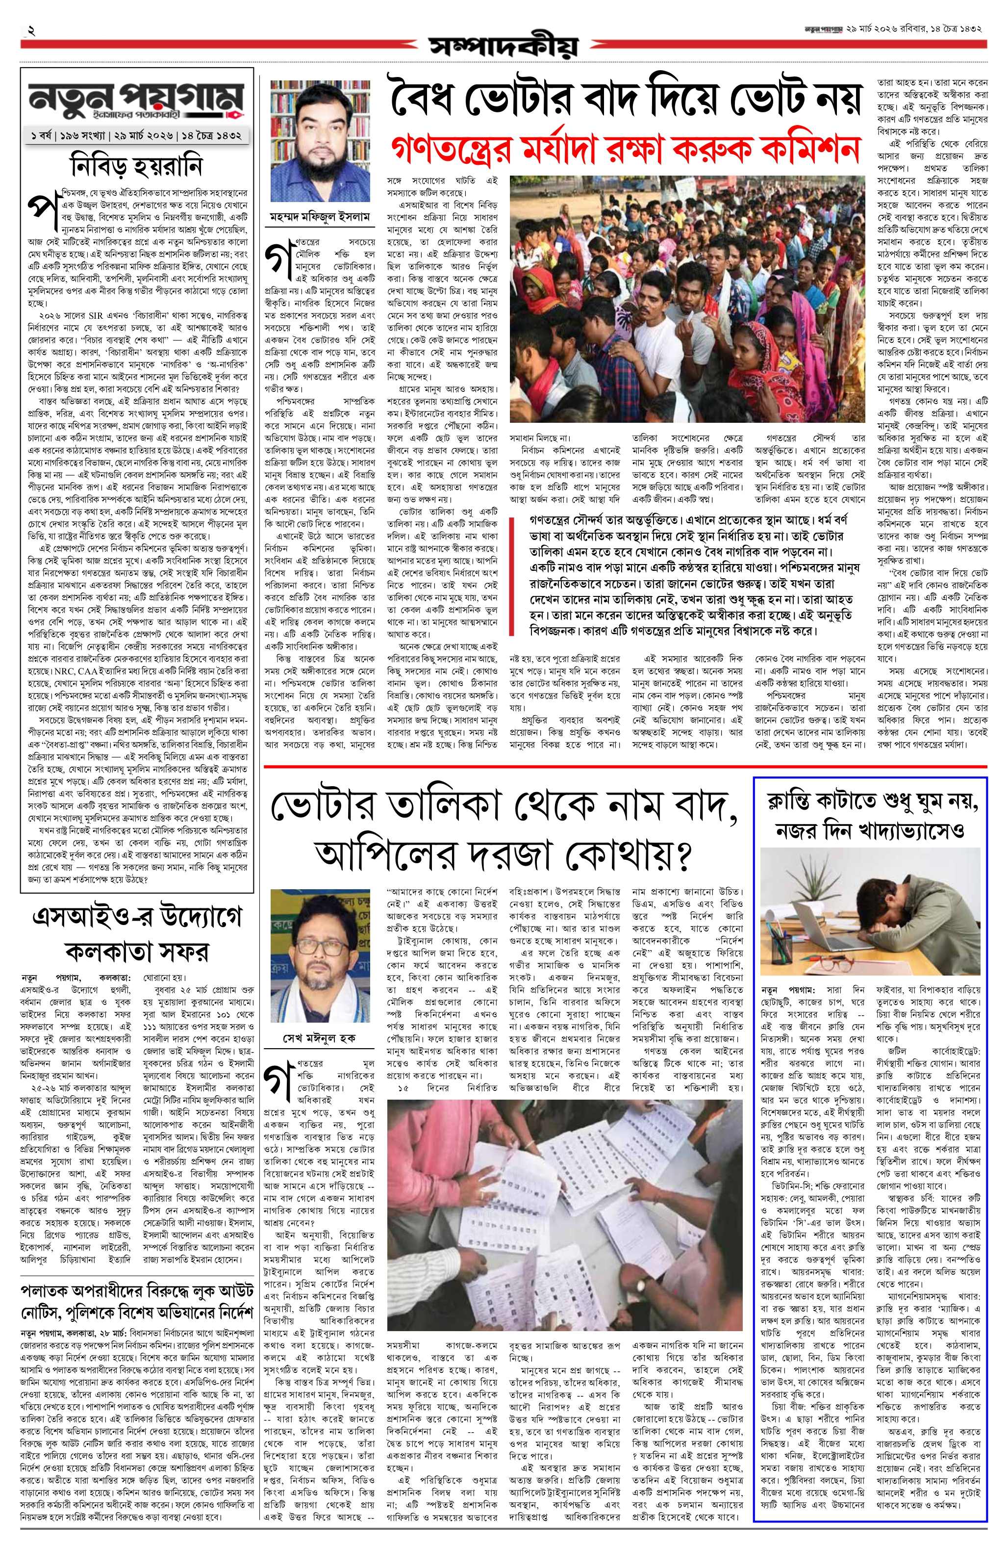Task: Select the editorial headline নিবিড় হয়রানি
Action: point(137,167)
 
